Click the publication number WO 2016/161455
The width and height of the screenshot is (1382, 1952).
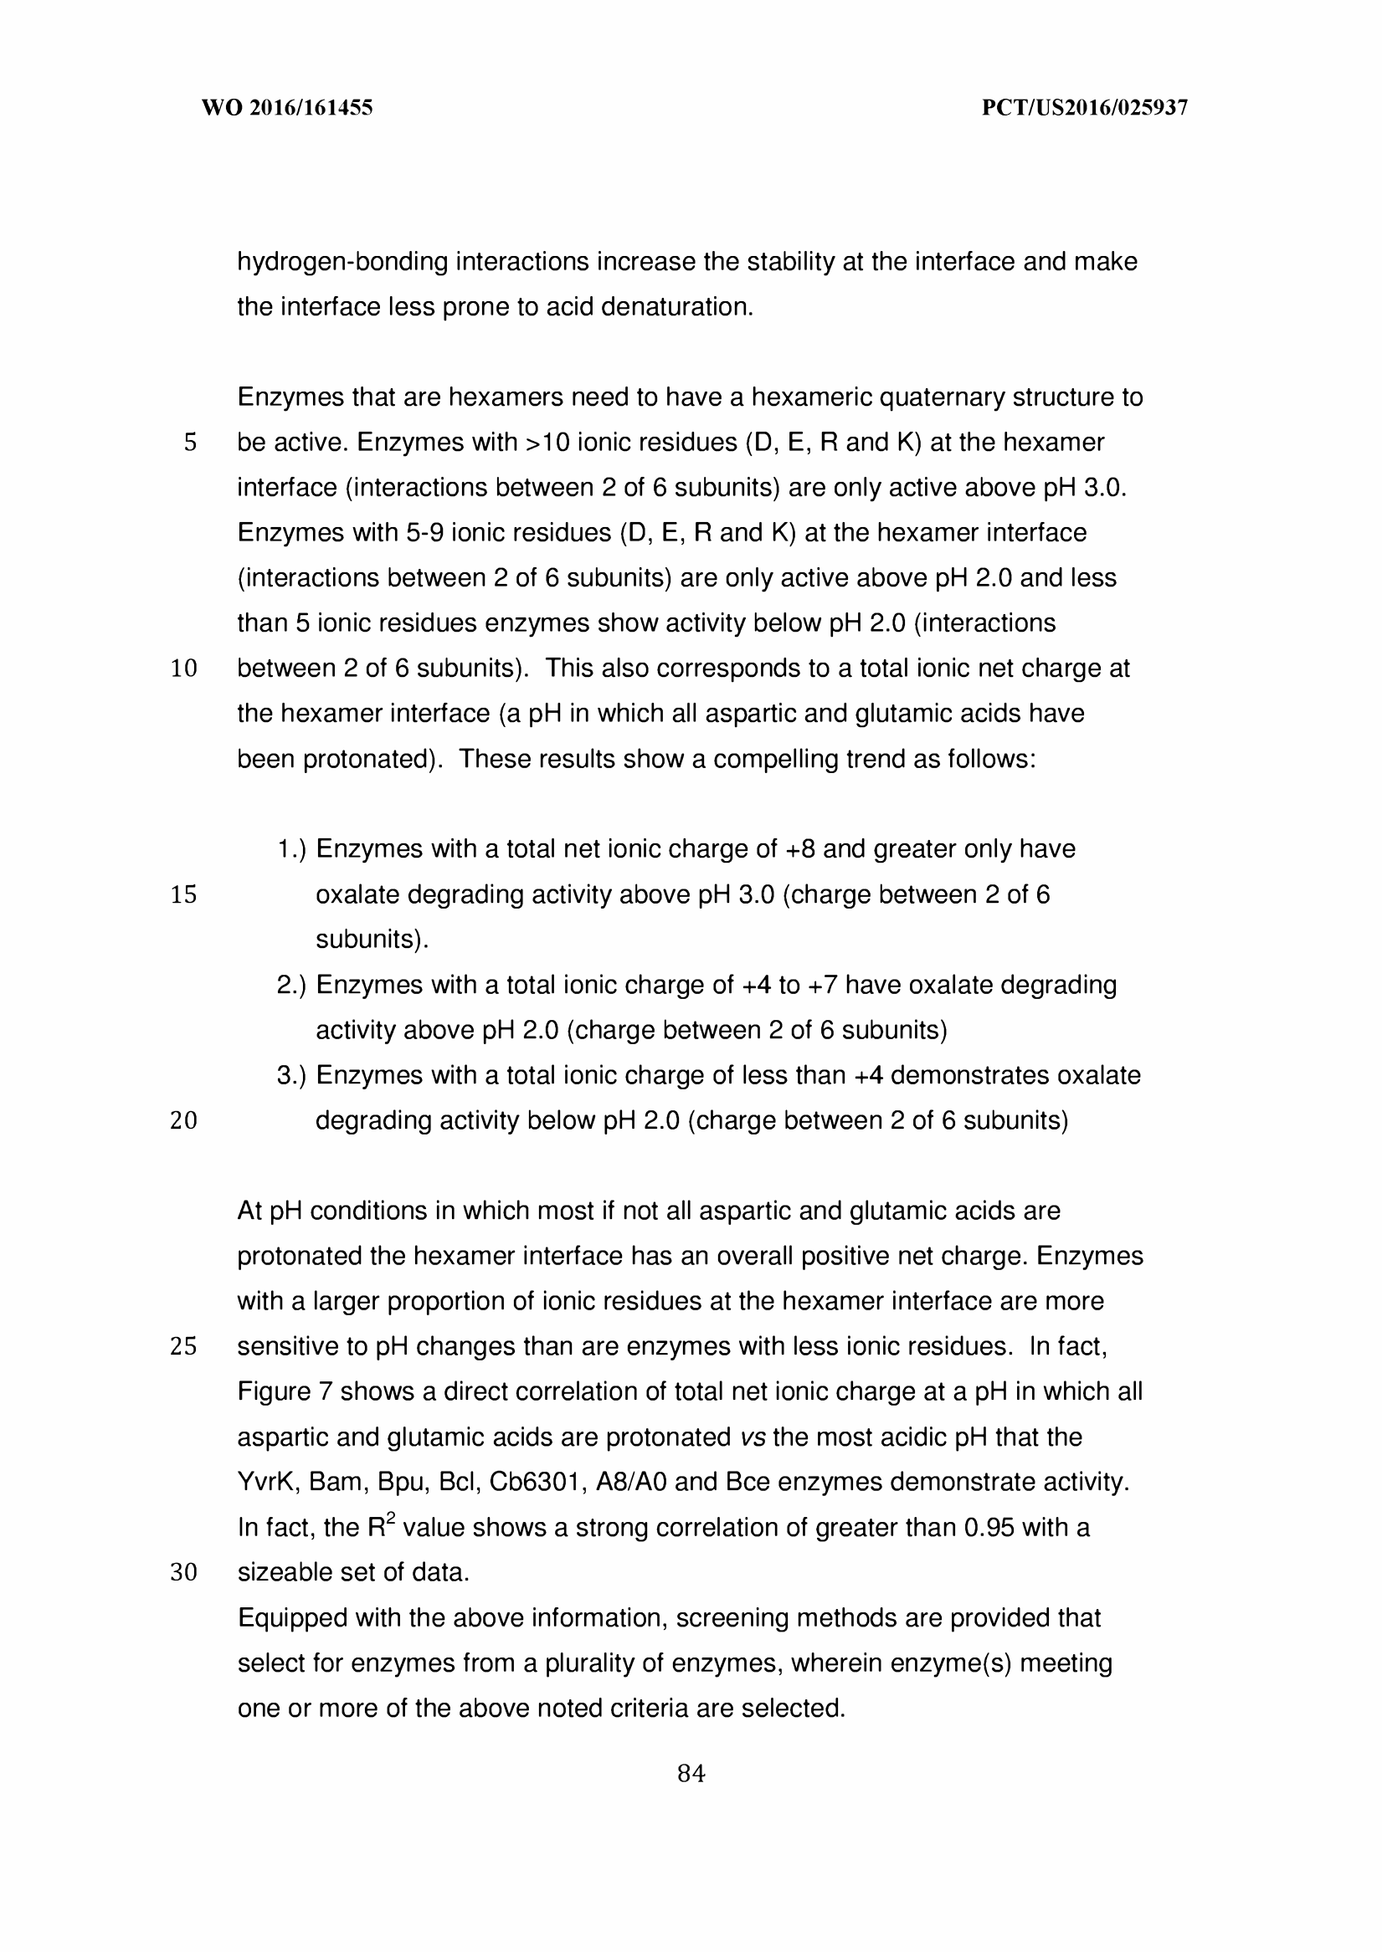coord(287,108)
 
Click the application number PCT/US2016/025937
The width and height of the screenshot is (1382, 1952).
coord(1085,108)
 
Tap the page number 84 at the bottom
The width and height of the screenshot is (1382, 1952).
coord(691,1774)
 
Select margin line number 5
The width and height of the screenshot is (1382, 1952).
coord(190,443)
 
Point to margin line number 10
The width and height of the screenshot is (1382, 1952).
coord(184,669)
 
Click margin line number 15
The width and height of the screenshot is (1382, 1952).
coord(184,894)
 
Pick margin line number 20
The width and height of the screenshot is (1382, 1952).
coord(184,1121)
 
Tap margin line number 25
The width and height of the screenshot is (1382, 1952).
coord(184,1346)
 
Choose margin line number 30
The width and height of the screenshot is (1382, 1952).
coord(184,1573)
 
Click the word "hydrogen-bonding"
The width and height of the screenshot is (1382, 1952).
coord(342,262)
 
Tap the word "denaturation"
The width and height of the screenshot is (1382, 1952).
coord(677,307)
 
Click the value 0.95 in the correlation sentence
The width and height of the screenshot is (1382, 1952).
coord(989,1528)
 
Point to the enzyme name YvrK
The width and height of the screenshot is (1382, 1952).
coord(267,1483)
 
